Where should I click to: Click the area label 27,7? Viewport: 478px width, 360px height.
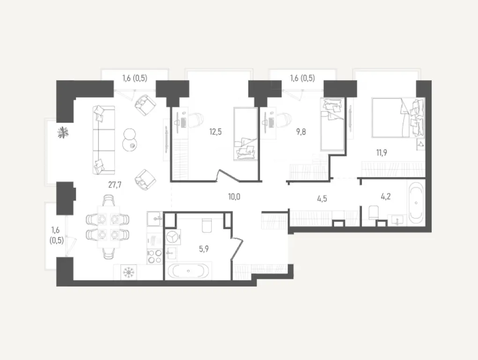[115, 185]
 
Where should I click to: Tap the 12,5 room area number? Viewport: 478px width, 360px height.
[215, 132]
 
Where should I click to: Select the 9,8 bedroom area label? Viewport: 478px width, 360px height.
[301, 132]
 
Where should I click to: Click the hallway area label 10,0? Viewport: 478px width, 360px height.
[234, 197]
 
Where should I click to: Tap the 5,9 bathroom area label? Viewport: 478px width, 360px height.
[204, 249]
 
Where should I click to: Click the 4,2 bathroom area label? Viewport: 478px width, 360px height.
[386, 197]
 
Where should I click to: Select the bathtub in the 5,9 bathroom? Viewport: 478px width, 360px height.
[188, 271]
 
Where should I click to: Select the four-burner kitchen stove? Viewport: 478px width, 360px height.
[155, 255]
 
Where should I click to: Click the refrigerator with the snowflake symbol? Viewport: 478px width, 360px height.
[127, 271]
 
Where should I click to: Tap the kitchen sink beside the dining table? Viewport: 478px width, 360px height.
[155, 217]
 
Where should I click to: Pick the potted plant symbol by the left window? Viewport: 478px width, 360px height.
[62, 133]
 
